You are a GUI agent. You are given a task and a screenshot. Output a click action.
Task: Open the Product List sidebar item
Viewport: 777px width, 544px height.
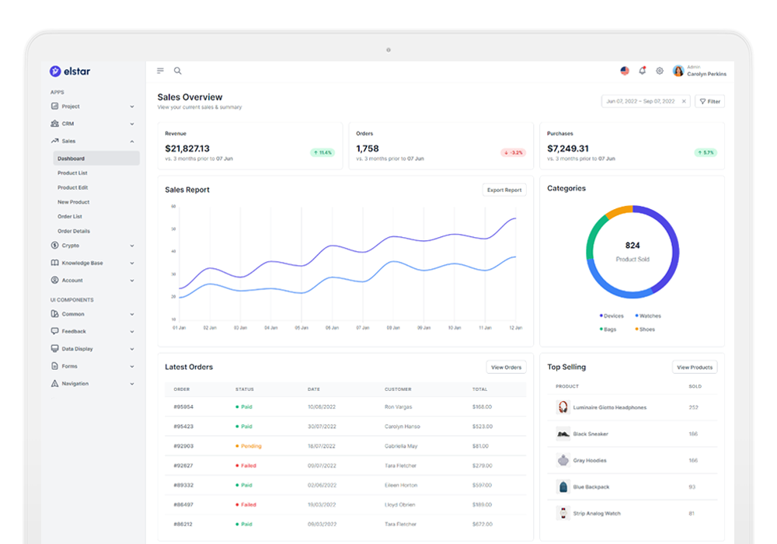click(72, 173)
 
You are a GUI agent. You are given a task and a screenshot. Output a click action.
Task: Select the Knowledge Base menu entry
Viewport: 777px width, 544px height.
click(82, 263)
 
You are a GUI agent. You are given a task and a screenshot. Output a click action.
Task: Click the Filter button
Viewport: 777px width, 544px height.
click(709, 101)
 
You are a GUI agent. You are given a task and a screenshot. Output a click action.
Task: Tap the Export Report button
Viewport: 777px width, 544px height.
click(504, 190)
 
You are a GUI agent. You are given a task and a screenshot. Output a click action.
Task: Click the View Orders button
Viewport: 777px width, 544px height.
click(506, 367)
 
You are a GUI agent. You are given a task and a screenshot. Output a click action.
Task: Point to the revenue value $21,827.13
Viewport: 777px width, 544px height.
click(187, 148)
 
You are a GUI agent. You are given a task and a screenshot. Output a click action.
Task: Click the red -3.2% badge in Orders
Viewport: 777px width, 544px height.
click(513, 152)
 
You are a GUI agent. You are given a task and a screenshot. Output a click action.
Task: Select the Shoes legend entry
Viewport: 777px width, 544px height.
click(646, 330)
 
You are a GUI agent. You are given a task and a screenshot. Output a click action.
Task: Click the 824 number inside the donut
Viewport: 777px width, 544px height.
click(632, 246)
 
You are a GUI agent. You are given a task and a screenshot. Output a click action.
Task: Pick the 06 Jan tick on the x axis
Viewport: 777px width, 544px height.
click(332, 328)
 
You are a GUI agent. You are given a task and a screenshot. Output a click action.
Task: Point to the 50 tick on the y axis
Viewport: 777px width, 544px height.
click(173, 229)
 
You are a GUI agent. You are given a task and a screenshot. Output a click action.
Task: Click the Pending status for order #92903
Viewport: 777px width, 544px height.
click(250, 446)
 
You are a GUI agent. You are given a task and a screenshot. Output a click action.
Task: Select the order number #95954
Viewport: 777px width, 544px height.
click(183, 407)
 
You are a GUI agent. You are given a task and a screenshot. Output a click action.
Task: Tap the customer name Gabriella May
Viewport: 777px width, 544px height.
click(401, 446)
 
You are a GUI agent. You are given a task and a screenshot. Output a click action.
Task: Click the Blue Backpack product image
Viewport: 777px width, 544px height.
click(563, 487)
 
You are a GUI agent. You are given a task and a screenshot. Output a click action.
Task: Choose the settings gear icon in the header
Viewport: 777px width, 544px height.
click(660, 71)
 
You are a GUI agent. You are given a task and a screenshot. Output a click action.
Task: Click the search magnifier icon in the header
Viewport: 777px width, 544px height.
click(178, 71)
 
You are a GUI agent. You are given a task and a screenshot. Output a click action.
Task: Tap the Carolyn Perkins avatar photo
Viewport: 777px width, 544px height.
click(678, 71)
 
